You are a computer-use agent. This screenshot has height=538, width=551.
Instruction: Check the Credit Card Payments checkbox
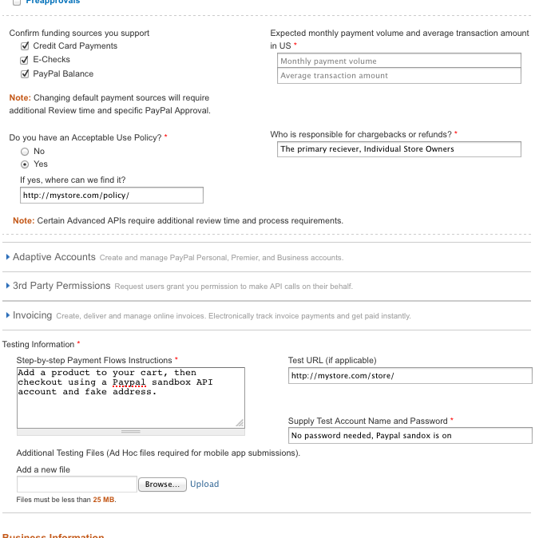click(25, 46)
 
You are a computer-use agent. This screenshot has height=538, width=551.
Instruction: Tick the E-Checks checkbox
click(25, 60)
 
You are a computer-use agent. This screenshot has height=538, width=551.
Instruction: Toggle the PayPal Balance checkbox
click(25, 74)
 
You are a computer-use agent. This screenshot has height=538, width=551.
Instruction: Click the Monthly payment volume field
click(399, 61)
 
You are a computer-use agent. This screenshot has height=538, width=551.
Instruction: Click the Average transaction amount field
click(399, 76)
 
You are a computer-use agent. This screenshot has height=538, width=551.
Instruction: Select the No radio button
click(25, 151)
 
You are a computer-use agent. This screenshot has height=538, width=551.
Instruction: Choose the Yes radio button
click(25, 164)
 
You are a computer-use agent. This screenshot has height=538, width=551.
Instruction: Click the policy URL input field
click(112, 196)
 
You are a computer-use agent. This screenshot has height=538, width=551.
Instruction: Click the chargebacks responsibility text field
click(399, 149)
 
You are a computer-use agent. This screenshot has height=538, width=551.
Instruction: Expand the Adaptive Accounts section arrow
click(8, 257)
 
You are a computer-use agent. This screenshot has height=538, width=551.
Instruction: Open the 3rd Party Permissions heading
click(61, 286)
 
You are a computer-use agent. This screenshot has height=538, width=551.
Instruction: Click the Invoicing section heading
click(32, 315)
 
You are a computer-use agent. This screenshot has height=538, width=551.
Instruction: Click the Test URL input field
click(410, 376)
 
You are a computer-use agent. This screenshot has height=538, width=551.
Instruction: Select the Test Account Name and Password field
click(410, 436)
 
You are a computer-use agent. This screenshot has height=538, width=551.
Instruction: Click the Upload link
click(204, 485)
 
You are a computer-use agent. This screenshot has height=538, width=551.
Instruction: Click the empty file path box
click(77, 485)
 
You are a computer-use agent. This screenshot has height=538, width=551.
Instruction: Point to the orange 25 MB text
click(104, 500)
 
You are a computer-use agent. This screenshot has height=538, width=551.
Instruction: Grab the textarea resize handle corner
click(240, 422)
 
